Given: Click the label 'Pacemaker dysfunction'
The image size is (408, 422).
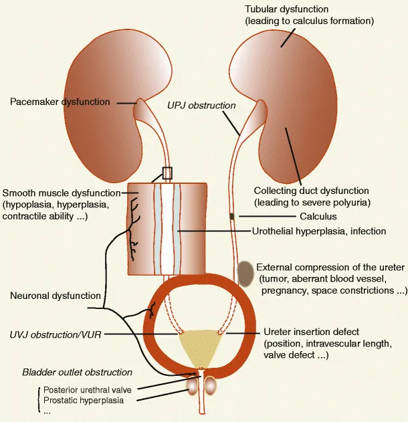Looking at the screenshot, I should [60, 102].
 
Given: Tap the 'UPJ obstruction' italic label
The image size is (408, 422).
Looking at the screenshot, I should [201, 105].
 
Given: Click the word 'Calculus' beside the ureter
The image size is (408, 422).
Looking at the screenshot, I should [318, 216].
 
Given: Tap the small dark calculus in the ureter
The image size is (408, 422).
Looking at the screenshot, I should [232, 216].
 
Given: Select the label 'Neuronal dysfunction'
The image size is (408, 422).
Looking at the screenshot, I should [56, 296].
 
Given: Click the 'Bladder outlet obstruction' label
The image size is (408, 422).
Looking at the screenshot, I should [77, 372].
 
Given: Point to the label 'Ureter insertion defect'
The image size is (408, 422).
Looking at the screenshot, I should [312, 332].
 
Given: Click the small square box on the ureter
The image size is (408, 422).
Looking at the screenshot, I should [167, 173].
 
